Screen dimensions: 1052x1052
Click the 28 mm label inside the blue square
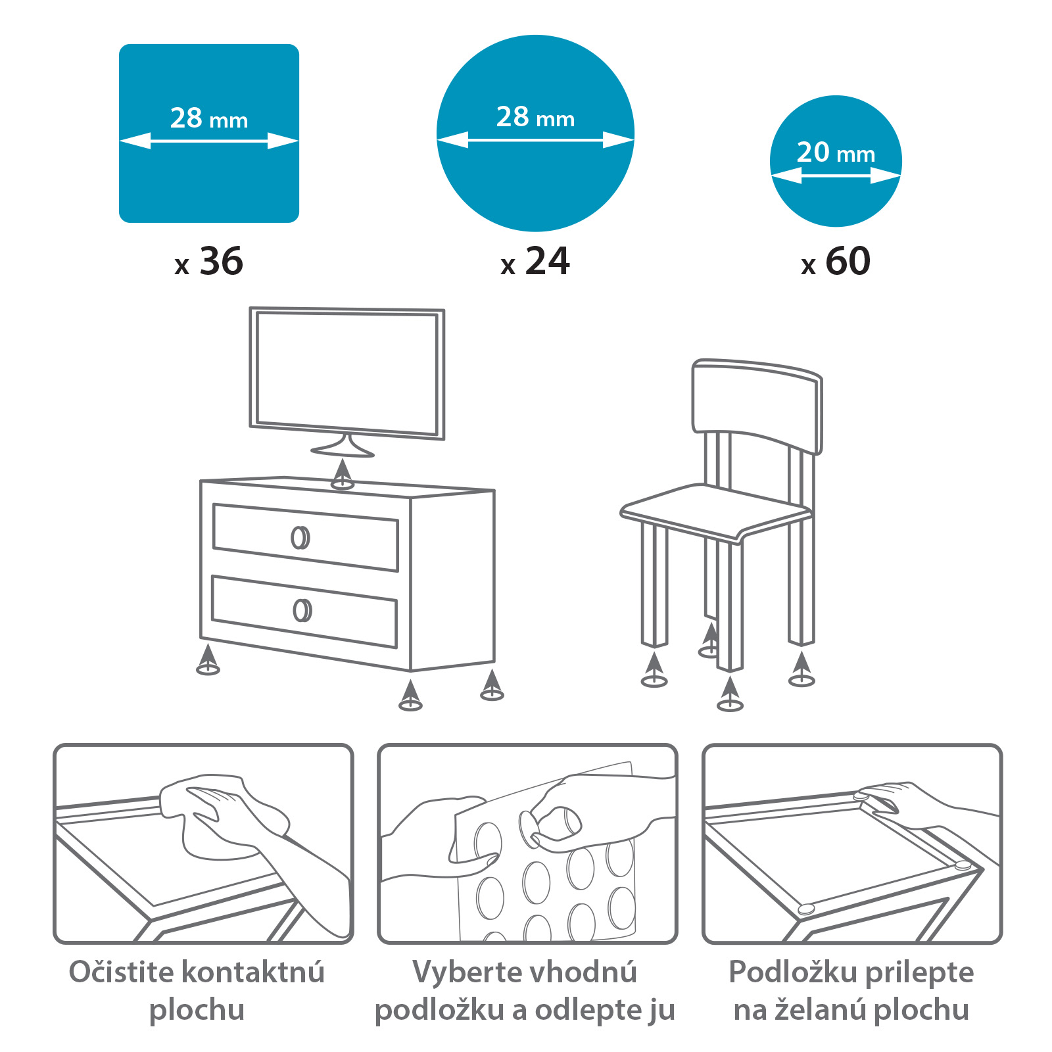[x=209, y=118]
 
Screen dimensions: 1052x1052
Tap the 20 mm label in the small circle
[x=836, y=153]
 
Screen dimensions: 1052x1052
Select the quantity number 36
[x=222, y=261]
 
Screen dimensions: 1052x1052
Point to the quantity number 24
[x=548, y=261]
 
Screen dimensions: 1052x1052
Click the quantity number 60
[x=848, y=261]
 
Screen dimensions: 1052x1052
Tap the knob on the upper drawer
[x=300, y=537]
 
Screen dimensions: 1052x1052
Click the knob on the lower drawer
[x=302, y=610]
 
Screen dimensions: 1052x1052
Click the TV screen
[x=347, y=373]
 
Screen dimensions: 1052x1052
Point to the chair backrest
[x=757, y=404]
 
